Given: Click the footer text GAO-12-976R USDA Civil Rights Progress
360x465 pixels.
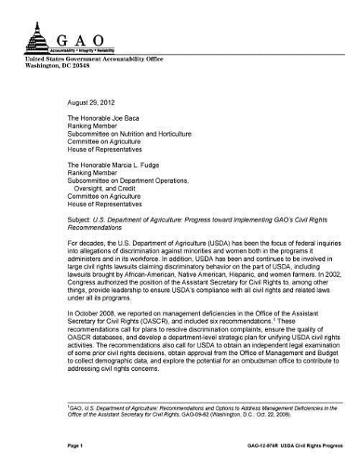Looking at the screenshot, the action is pos(293,446).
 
